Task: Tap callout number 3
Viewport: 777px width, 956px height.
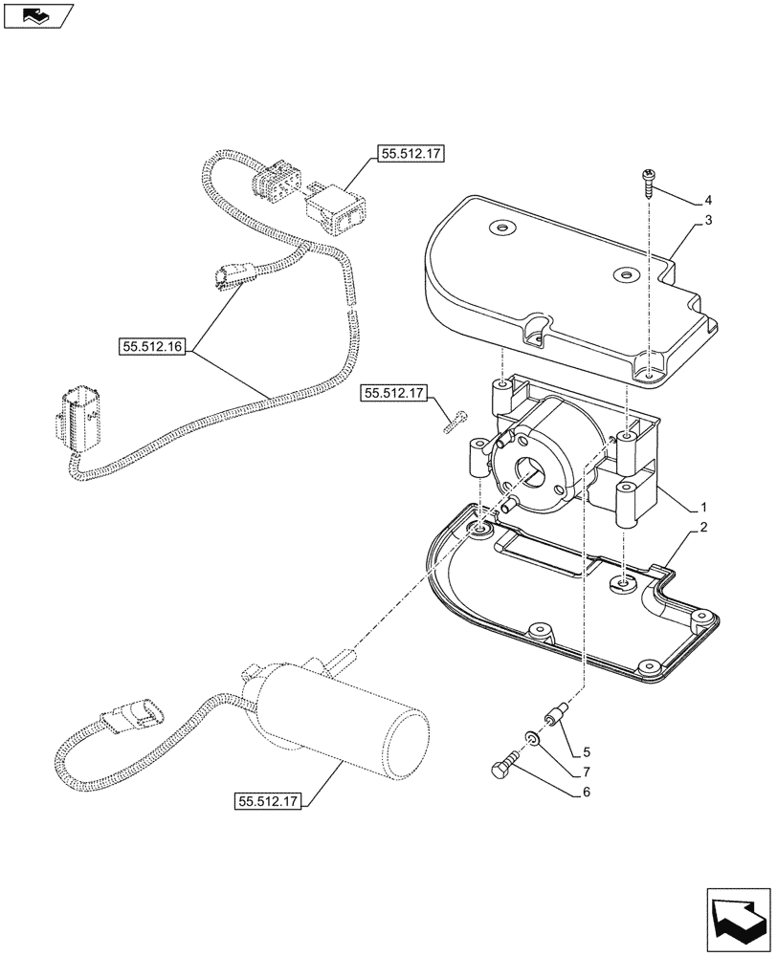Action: coord(708,221)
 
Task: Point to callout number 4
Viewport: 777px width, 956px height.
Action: coord(708,201)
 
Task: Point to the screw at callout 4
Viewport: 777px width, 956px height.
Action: coord(648,181)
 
